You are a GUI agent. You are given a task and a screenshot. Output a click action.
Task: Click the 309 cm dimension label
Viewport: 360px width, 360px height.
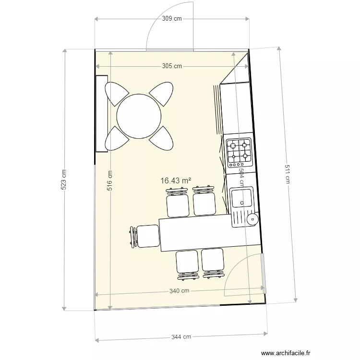point(171,19)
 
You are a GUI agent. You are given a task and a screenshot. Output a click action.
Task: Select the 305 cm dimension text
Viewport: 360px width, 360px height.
point(171,66)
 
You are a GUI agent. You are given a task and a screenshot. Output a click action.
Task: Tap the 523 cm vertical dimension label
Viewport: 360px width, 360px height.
point(64,180)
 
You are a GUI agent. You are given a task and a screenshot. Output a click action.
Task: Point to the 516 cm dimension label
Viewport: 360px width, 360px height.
point(110,182)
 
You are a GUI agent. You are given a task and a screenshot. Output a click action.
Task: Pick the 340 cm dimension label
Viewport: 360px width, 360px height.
point(179,291)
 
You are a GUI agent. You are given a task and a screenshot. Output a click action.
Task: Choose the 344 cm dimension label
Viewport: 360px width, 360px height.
point(181,337)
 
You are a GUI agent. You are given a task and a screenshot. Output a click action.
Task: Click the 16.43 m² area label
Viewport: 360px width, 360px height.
point(176,180)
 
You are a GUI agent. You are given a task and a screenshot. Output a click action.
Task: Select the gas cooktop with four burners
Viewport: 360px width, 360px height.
point(239,150)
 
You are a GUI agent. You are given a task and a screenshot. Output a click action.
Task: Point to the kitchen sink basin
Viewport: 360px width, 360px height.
point(241,198)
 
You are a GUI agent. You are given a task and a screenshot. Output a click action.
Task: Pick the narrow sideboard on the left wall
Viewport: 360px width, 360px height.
point(101,113)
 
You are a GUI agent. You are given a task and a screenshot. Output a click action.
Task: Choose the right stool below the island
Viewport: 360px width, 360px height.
point(212,263)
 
